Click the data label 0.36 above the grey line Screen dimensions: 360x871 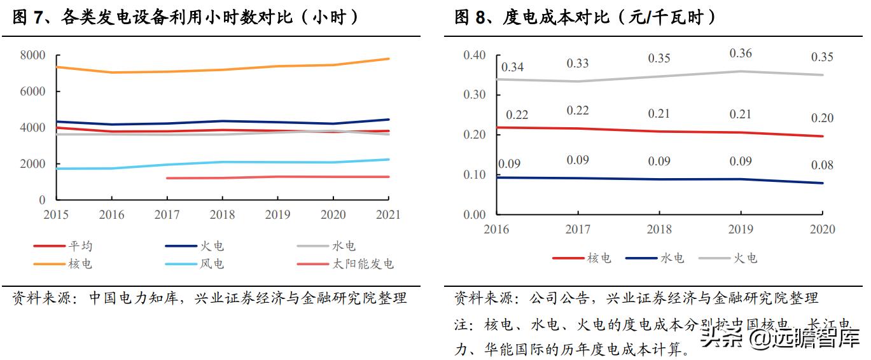(x=740, y=53)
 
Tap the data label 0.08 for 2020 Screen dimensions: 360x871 (x=822, y=165)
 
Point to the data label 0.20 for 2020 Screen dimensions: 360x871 (x=822, y=118)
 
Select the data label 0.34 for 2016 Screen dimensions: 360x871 (x=512, y=67)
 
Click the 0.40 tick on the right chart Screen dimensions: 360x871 (x=474, y=55)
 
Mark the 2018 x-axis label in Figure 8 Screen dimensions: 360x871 (x=658, y=229)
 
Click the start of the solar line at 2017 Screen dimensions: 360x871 (x=167, y=178)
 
